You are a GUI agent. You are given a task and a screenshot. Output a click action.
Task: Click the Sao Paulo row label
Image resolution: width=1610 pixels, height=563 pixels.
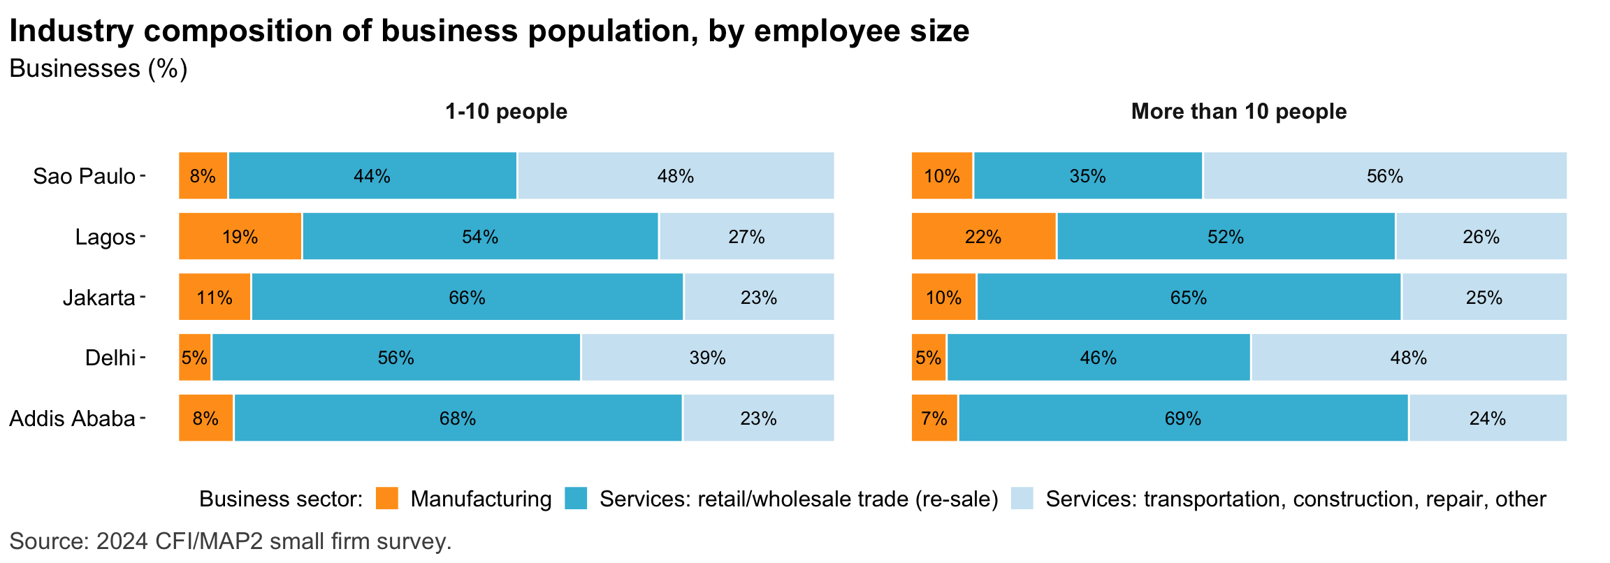pyautogui.click(x=84, y=176)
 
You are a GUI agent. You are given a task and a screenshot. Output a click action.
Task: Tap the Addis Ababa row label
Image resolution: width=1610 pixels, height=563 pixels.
pyautogui.click(x=72, y=418)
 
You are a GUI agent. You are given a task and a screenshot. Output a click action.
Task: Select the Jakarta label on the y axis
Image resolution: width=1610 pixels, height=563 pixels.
pyautogui.click(x=99, y=298)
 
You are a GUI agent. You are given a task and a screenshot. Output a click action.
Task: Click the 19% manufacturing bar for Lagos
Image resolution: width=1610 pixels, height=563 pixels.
pyautogui.click(x=240, y=237)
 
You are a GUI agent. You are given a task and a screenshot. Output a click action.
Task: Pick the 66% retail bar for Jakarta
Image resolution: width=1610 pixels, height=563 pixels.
pyautogui.click(x=467, y=298)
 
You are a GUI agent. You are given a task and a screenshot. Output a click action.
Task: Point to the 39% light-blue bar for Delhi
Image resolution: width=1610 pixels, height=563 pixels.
pyautogui.click(x=707, y=358)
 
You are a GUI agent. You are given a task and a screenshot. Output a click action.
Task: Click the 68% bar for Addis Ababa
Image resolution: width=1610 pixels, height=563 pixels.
pyautogui.click(x=458, y=418)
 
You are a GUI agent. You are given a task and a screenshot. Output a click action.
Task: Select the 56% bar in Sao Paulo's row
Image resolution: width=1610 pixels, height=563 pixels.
pyautogui.click(x=1384, y=176)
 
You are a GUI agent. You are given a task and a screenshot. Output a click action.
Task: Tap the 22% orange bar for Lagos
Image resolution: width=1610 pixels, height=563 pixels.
pyautogui.click(x=983, y=237)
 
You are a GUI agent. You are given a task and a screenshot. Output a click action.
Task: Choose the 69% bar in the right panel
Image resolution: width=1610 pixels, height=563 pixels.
pyautogui.click(x=1182, y=418)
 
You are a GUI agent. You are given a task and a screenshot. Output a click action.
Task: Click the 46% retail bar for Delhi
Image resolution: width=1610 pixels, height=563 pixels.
pyautogui.click(x=1098, y=358)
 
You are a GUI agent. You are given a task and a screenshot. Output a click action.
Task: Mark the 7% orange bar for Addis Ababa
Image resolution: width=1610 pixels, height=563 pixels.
pyautogui.click(x=934, y=418)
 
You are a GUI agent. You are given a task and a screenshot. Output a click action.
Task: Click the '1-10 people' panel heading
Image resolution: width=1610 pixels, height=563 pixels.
pyautogui.click(x=506, y=112)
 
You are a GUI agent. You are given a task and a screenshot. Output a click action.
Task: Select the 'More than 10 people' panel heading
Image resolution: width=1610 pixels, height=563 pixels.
pyautogui.click(x=1238, y=112)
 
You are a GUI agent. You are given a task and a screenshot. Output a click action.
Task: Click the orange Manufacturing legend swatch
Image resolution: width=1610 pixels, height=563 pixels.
pyautogui.click(x=386, y=498)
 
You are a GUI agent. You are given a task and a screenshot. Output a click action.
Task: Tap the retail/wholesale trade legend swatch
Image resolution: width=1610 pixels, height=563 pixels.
pyautogui.click(x=576, y=498)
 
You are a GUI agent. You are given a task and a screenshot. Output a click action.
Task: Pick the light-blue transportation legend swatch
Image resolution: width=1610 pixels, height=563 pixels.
pyautogui.click(x=1022, y=498)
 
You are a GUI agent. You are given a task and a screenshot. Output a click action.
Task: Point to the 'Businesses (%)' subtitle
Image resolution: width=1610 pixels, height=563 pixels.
pyautogui.click(x=98, y=68)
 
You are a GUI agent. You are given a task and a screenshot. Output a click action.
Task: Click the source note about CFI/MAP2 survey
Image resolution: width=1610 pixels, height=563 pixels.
pyautogui.click(x=231, y=541)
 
